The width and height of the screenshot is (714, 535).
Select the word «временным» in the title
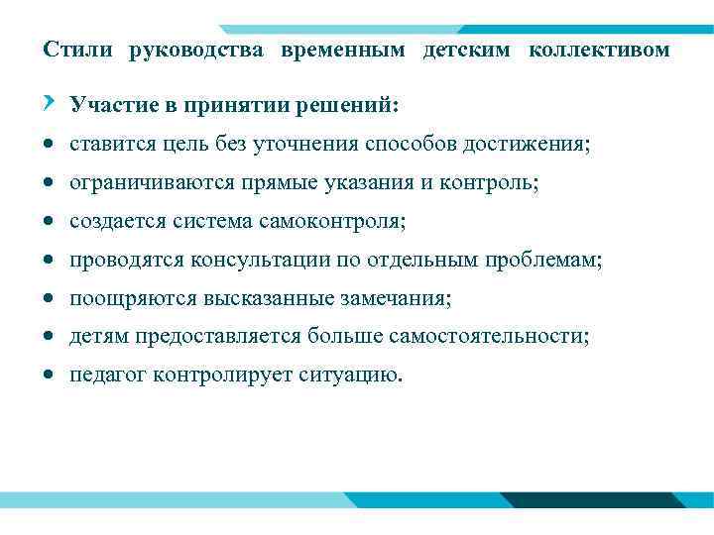pyautogui.click(x=343, y=50)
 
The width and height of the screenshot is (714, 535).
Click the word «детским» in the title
pyautogui.click(x=465, y=50)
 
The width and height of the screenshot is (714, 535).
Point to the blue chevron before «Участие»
pyautogui.click(x=50, y=103)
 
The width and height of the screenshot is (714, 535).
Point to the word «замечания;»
pyautogui.click(x=396, y=299)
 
